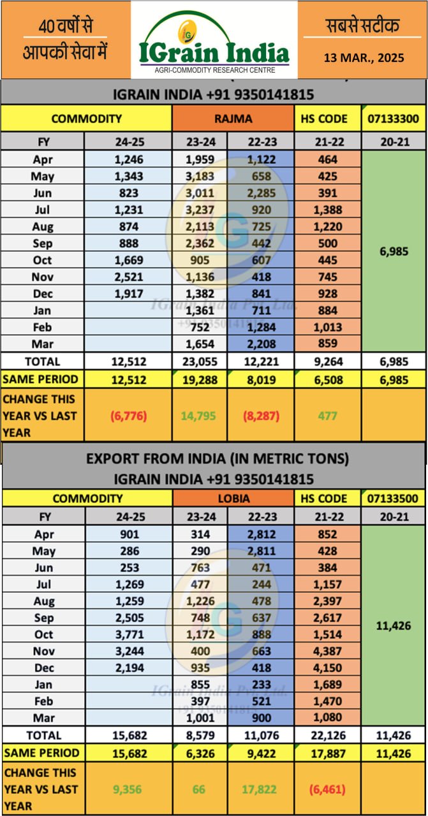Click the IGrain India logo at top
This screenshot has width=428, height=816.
[x=214, y=40]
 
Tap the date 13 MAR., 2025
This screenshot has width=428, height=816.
[x=363, y=57]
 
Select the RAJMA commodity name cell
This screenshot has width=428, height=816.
[x=233, y=119]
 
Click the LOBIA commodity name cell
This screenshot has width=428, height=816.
[x=233, y=499]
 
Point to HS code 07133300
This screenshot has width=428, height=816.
[x=393, y=119]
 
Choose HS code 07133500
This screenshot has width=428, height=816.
[x=393, y=499]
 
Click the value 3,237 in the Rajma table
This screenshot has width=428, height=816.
[x=199, y=210]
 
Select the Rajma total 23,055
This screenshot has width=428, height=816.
[x=199, y=361]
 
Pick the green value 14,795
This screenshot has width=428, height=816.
[x=199, y=416]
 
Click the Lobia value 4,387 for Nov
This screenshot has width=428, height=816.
[x=327, y=651]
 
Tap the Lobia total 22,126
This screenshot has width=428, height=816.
[x=327, y=735]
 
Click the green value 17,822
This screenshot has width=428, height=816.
[x=260, y=789]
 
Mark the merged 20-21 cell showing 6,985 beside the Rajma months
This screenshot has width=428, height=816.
[x=393, y=251]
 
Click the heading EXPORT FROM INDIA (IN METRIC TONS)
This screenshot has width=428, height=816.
[x=214, y=458]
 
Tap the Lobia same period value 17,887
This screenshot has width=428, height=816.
[x=327, y=753]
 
